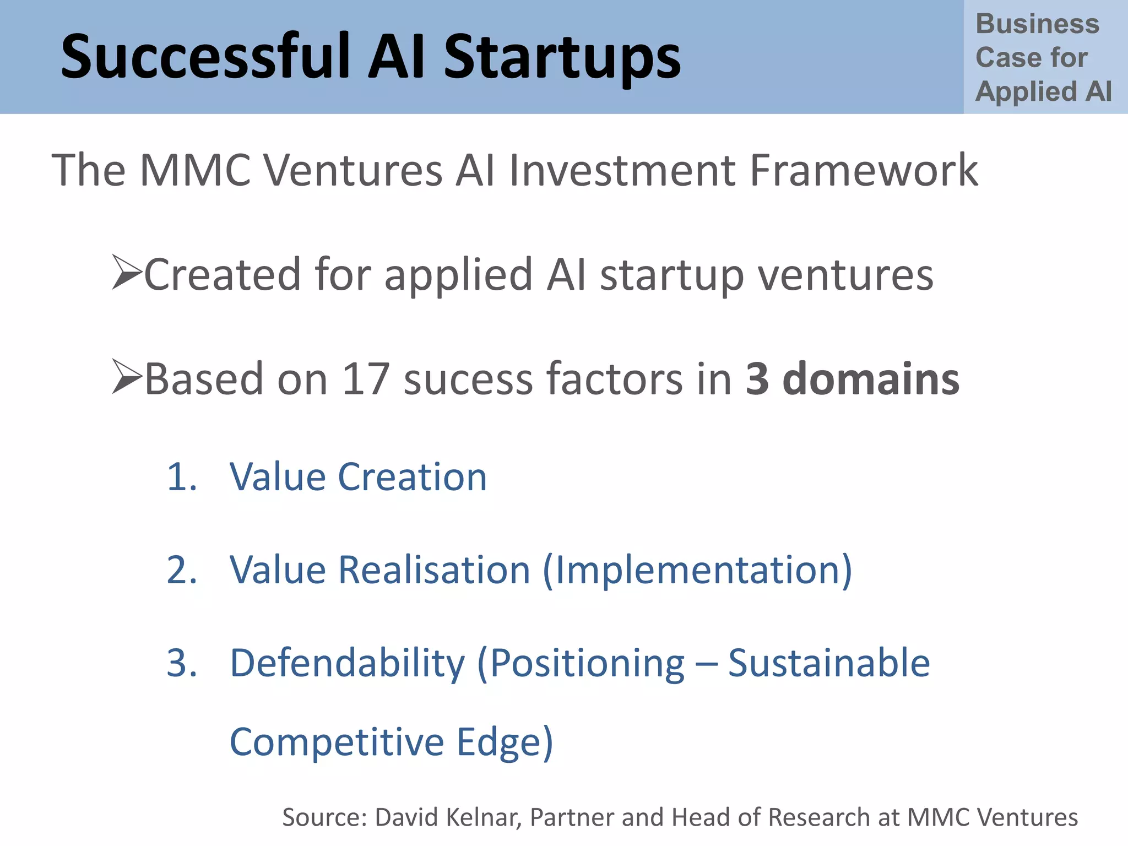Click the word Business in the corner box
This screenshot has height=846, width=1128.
point(1037,24)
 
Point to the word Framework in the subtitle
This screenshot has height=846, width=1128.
point(864,170)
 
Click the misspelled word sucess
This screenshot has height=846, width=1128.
point(468,380)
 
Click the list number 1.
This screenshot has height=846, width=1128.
point(181,476)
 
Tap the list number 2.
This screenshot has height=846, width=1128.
point(181,570)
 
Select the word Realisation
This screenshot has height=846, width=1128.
point(434,570)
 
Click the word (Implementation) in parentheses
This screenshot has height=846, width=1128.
point(697,571)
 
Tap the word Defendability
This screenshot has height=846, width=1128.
point(347,664)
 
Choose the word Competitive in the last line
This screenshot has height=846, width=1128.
point(336,742)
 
